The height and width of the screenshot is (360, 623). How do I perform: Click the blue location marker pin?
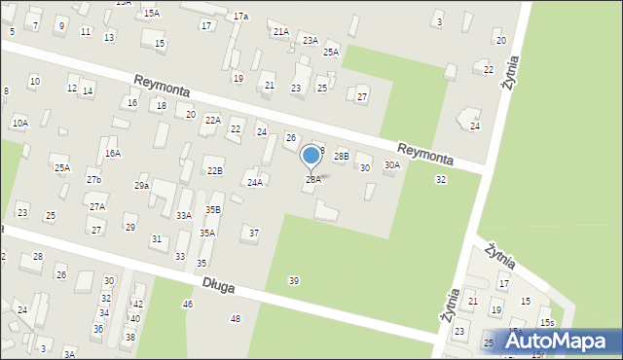point(311,157)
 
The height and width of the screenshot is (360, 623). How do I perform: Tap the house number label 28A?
point(312,179)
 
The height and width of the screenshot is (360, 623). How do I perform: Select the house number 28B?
point(341,156)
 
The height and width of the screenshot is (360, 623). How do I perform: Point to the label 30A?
point(391,165)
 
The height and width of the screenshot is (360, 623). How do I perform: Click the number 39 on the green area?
point(294,280)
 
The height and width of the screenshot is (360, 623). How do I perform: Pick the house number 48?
point(235,319)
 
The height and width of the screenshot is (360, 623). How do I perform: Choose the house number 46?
point(188,305)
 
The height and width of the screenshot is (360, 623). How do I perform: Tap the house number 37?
point(254,233)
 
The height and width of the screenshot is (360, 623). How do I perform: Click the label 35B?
point(213,209)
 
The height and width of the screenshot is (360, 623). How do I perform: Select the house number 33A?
point(184,216)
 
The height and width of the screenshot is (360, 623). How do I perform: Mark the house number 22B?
point(214,171)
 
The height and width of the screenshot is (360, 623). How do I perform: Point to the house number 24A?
point(254,182)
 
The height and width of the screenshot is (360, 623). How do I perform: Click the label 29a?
point(141,185)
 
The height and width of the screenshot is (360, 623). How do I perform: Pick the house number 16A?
point(113,153)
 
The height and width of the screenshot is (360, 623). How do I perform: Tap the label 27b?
point(93,180)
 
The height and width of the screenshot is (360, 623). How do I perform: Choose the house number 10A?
point(19,123)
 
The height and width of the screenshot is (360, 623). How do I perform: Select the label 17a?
point(240,17)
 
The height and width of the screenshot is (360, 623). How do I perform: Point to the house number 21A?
point(280,32)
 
